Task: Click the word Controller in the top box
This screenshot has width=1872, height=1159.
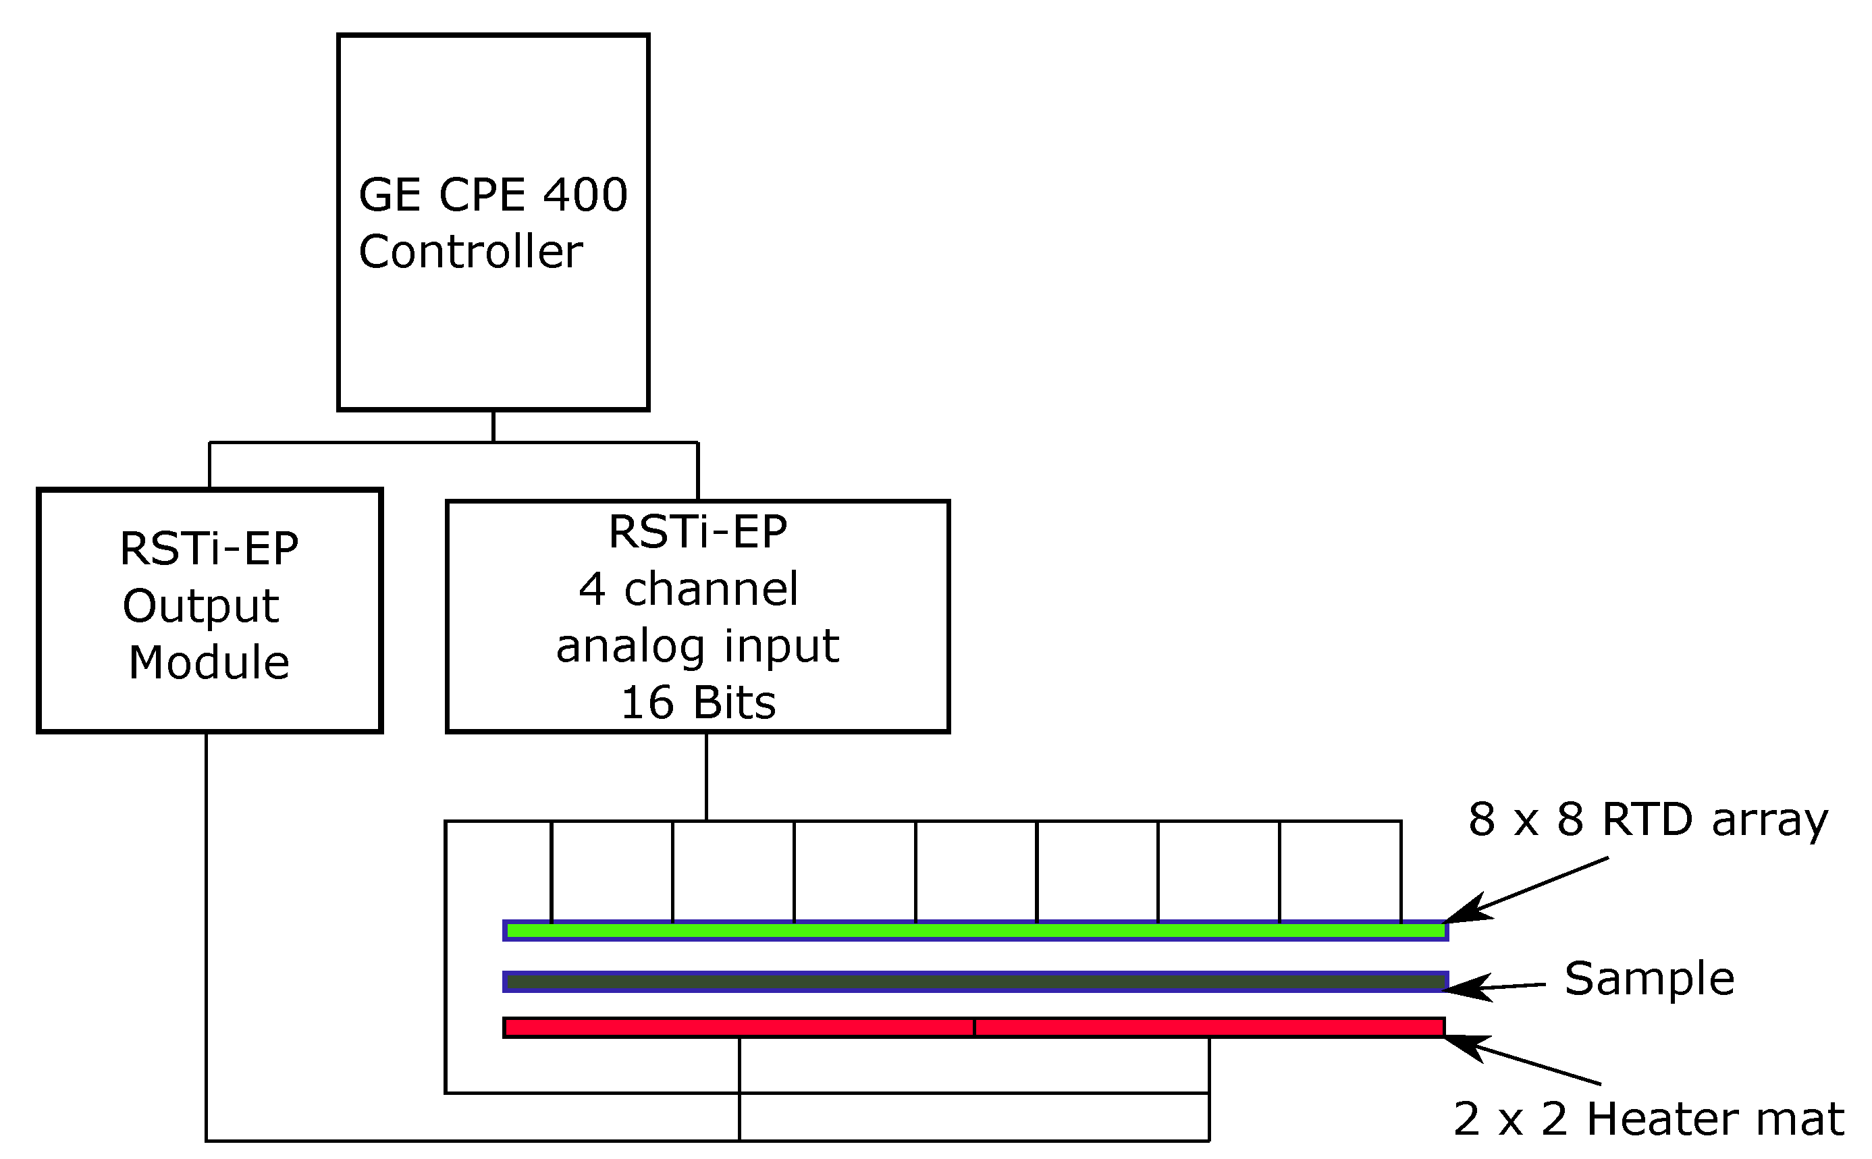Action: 470,252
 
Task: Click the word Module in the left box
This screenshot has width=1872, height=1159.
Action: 209,662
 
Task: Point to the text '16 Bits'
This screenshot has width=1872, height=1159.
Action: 697,702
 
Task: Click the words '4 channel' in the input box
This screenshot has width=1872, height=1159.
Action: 689,589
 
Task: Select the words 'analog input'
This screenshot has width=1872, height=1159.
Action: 697,645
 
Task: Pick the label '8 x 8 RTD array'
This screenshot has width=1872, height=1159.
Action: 1647,819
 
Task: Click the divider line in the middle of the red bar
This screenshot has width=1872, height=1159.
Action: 974,1028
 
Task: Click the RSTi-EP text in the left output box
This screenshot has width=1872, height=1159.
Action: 209,549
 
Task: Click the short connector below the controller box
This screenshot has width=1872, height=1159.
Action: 493,426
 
